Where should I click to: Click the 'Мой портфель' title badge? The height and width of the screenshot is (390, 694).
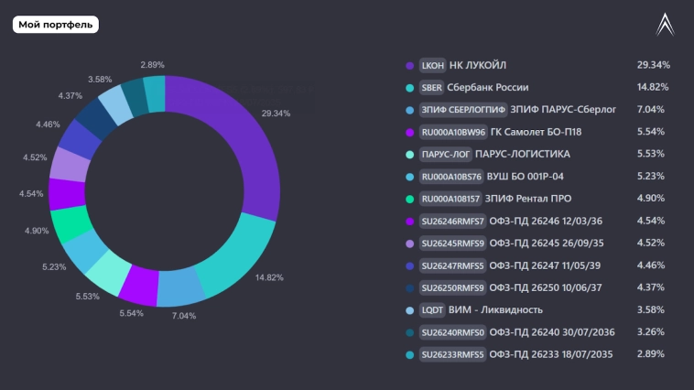(56, 25)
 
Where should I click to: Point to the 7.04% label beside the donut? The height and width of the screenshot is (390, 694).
(184, 315)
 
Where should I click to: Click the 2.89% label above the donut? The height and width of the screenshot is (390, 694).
(152, 65)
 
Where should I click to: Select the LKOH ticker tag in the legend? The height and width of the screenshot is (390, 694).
(432, 66)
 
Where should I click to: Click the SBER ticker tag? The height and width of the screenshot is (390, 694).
(431, 88)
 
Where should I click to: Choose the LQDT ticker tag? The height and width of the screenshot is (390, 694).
(432, 310)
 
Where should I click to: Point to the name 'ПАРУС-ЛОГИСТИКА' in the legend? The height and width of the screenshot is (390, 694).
(522, 155)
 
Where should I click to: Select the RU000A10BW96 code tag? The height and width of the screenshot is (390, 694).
(451, 133)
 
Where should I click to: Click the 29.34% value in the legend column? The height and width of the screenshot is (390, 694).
(653, 66)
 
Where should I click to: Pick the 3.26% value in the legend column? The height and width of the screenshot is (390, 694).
(650, 332)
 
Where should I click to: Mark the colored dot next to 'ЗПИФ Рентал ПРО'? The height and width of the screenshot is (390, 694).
(409, 199)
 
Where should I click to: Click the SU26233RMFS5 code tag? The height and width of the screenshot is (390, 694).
(451, 355)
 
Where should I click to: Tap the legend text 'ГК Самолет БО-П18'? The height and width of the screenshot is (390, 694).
(536, 133)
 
